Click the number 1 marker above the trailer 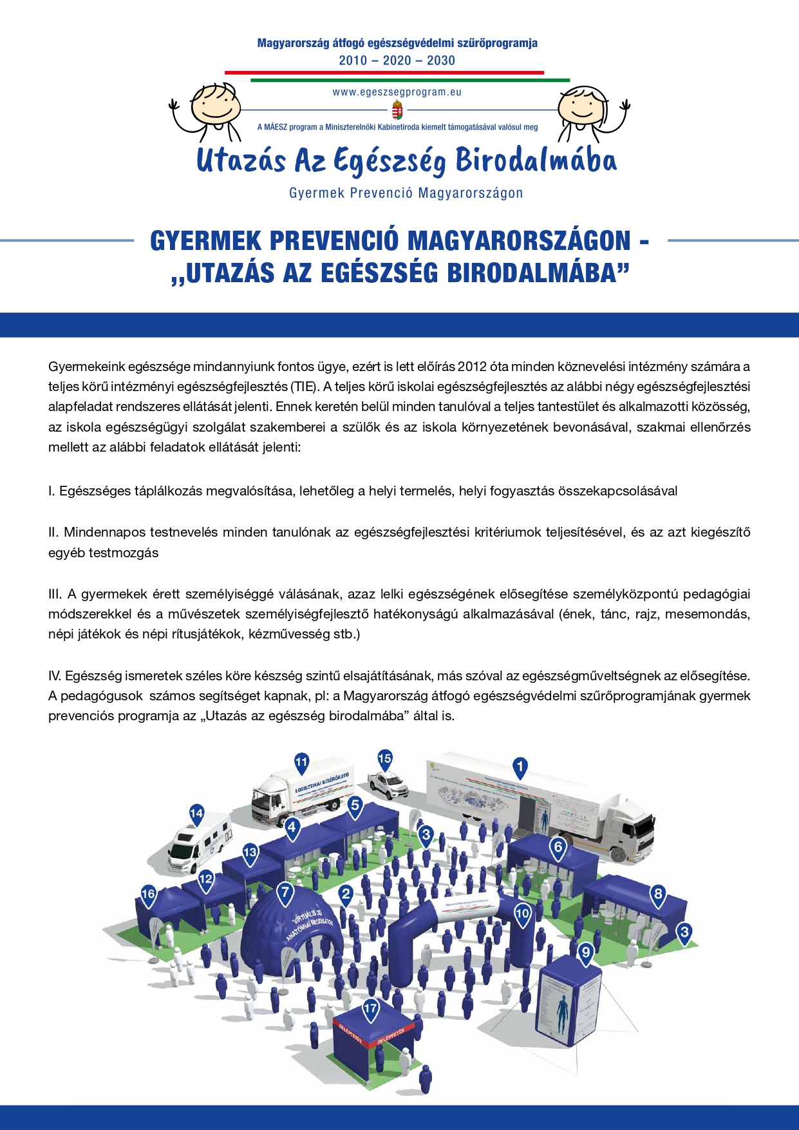click(520, 767)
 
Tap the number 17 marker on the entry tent click(371, 1008)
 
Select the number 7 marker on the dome click(285, 894)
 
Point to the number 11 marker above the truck click(301, 763)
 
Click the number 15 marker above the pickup click(384, 758)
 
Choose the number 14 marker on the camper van click(196, 814)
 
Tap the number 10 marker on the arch click(522, 913)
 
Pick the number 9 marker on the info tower click(585, 952)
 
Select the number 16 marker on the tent click(148, 894)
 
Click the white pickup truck click(388, 783)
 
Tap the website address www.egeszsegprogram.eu click(397, 92)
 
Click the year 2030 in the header click(441, 61)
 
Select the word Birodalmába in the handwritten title click(536, 161)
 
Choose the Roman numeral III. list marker click(55, 594)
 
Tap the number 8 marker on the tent click(658, 894)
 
